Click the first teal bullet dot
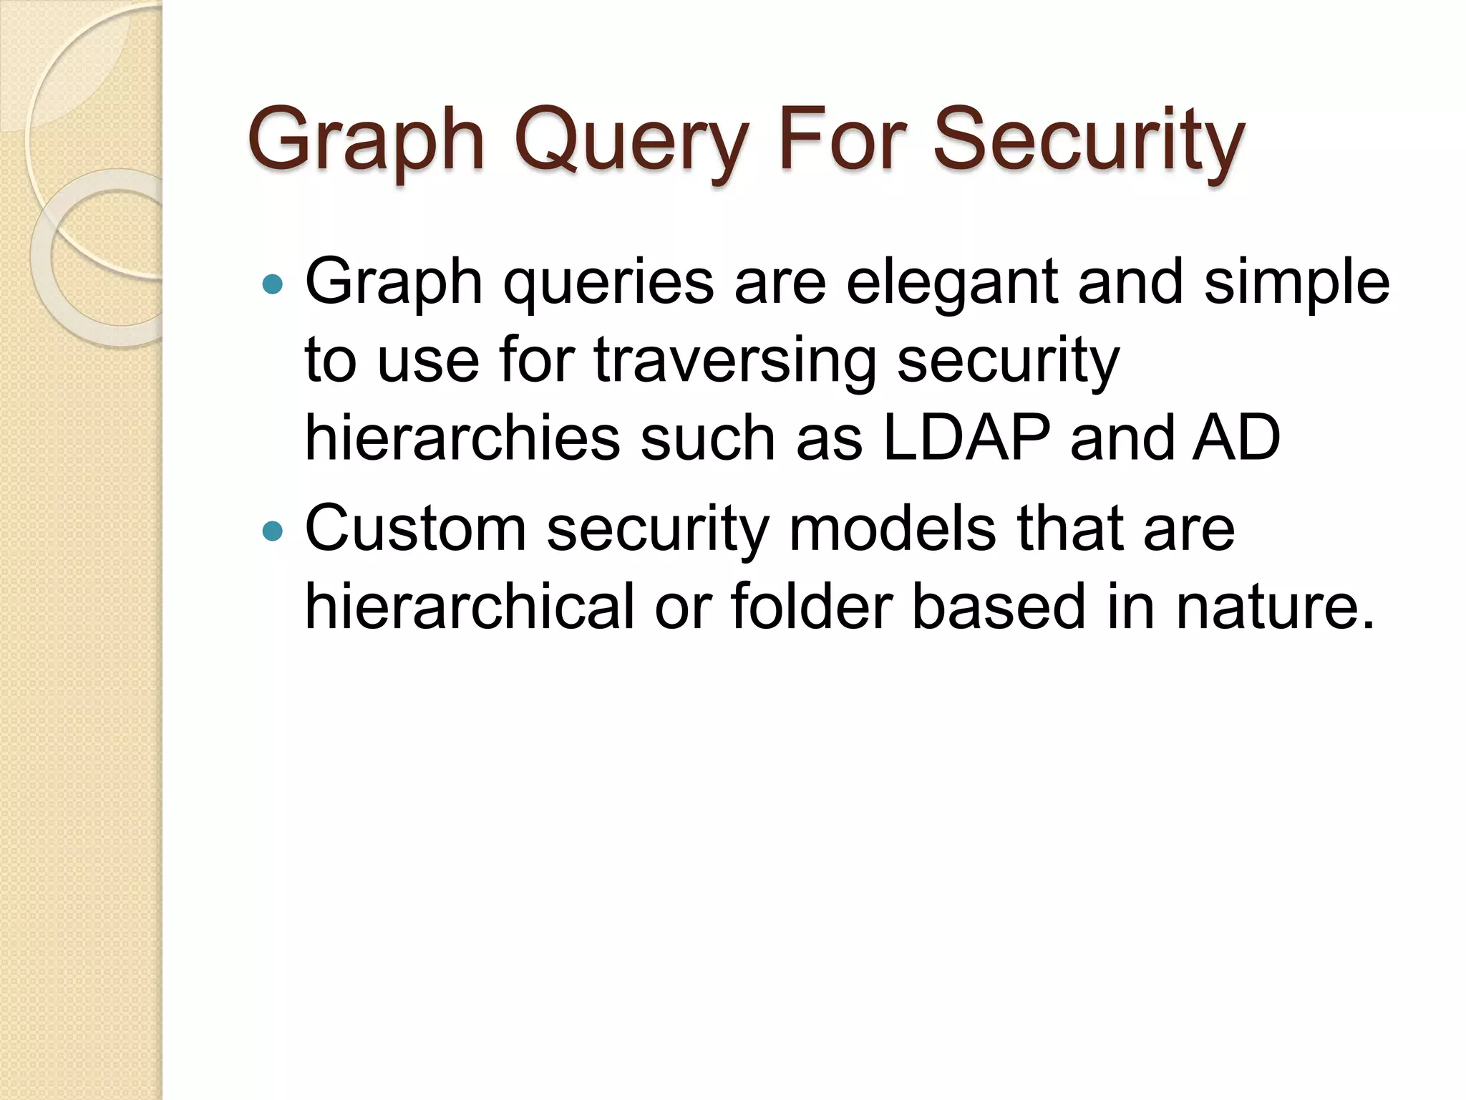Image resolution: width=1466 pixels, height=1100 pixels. pos(273,285)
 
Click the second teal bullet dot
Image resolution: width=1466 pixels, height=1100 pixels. pos(273,531)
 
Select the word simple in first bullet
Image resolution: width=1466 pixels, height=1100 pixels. pos(1296,283)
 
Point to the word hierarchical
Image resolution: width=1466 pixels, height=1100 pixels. pos(470,607)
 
